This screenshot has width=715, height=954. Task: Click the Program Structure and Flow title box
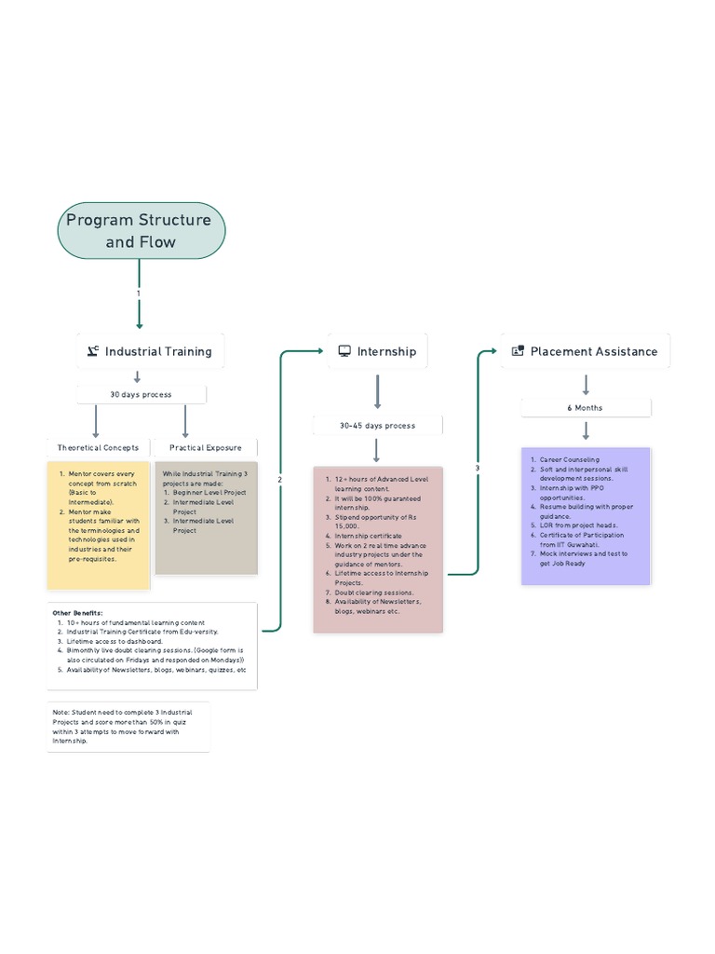[x=141, y=231]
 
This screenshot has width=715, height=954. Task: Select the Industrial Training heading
[x=157, y=351]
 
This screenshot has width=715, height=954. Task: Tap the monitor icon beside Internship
[x=344, y=351]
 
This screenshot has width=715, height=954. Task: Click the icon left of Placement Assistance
[x=518, y=351]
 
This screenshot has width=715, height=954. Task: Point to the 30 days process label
[x=141, y=394]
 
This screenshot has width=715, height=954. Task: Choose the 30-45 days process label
[x=377, y=425]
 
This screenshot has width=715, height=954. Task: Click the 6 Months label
[x=586, y=407]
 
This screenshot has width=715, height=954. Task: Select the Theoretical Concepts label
[x=98, y=448]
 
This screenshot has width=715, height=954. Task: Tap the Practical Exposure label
[x=205, y=448]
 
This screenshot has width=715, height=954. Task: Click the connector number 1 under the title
[x=139, y=293]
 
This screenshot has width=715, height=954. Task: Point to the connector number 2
[x=279, y=479]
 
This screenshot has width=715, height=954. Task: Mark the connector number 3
[x=478, y=468]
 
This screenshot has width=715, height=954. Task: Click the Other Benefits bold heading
[x=76, y=613]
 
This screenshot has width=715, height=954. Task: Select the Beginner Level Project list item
[x=209, y=492]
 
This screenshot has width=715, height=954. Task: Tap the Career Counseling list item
[x=570, y=459]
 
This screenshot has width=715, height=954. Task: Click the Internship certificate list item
[x=369, y=536]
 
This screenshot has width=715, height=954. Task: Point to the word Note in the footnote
[x=61, y=712]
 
